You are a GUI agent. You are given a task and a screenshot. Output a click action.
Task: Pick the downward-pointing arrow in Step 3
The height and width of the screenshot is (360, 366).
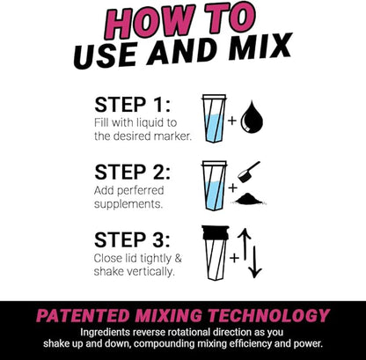coord(256,260)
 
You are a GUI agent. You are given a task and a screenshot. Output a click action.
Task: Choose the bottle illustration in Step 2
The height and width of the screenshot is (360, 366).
coord(214,185)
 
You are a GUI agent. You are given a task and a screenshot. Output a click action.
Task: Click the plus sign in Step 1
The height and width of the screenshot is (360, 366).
coord(233,119)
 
